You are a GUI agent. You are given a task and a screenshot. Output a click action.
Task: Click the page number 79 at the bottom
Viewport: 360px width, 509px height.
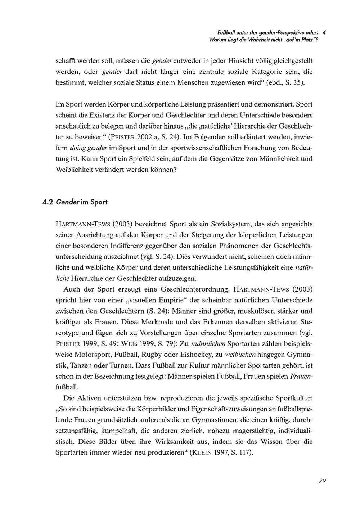click(322, 481)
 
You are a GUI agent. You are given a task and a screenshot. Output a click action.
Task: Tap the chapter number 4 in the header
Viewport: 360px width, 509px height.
click(324, 32)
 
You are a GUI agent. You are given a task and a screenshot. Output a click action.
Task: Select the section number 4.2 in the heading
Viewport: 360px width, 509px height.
click(48, 202)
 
